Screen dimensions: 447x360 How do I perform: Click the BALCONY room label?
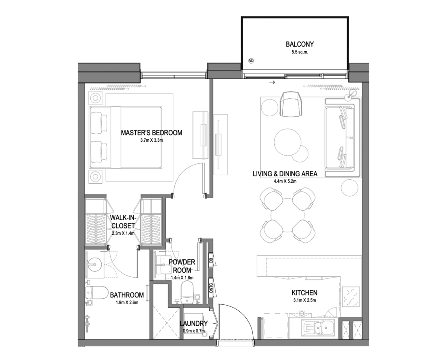click(299, 44)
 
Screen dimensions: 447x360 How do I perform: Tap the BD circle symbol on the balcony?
click(251, 61)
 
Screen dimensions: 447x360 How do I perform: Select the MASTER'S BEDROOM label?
click(152, 133)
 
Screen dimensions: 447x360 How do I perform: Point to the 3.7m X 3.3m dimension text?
click(152, 140)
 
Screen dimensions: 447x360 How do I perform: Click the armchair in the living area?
click(291, 104)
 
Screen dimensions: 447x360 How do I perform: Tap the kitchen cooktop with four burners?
click(351, 297)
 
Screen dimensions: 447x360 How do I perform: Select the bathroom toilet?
click(96, 294)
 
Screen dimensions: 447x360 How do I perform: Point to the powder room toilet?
click(187, 292)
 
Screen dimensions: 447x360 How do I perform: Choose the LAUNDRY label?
click(193, 323)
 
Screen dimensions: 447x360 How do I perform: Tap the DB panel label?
click(211, 260)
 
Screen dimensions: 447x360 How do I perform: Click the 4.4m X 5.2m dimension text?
click(285, 181)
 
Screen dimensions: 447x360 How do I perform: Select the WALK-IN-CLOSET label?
click(123, 222)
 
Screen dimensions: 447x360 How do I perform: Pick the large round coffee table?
click(288, 143)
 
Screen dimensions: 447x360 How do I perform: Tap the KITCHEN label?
click(304, 293)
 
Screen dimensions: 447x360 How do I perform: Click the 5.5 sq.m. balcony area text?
click(299, 52)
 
